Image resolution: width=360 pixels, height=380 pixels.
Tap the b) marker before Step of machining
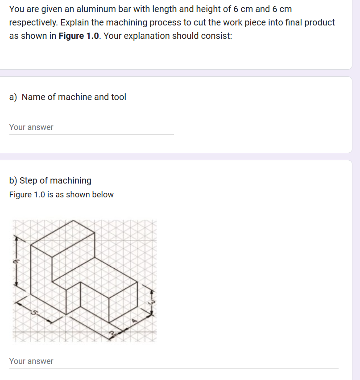[13, 180]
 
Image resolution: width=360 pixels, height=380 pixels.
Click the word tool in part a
[118, 97]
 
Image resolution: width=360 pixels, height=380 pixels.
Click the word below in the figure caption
[103, 195]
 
